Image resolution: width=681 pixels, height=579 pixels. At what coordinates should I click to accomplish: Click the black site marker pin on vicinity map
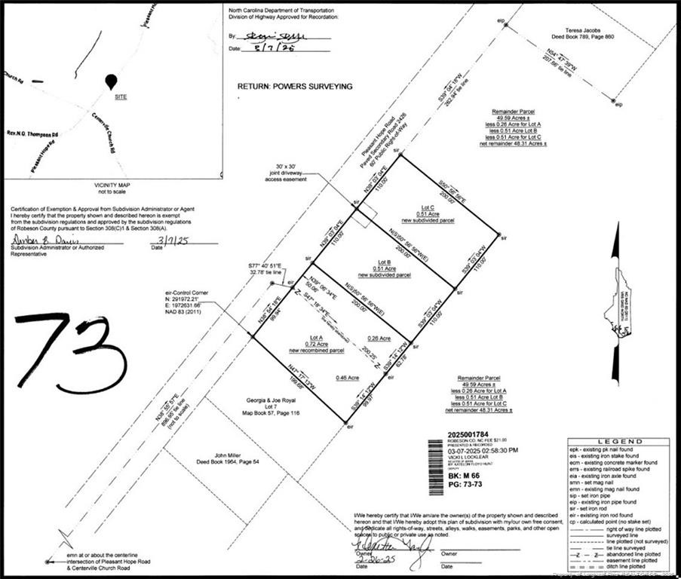tap(112, 82)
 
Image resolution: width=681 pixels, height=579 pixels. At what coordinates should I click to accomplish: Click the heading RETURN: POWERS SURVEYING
tap(295, 87)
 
